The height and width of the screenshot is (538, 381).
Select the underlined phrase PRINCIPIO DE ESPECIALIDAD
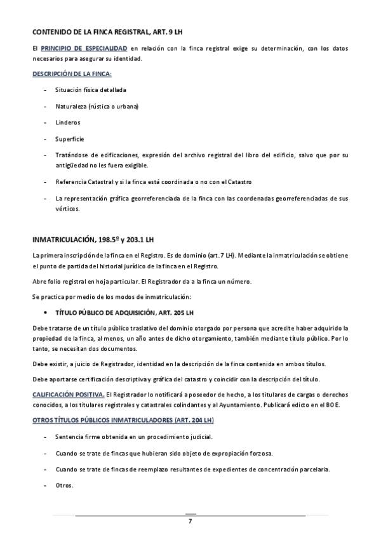[x=84, y=48]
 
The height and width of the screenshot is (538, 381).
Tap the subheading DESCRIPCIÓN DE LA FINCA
[x=72, y=74]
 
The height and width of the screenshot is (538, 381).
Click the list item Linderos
[x=68, y=122]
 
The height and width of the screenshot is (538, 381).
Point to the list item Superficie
[x=69, y=139]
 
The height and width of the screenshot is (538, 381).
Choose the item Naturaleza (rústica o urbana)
[x=97, y=106]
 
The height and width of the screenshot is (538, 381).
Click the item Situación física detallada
[x=90, y=89]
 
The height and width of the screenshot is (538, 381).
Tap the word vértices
[x=67, y=209]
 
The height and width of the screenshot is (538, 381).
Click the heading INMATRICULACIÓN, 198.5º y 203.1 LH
[x=93, y=239]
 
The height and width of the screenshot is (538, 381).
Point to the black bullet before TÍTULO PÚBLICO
[x=46, y=313]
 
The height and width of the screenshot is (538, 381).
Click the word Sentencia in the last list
[x=70, y=437]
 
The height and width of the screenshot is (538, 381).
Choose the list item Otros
[x=65, y=486]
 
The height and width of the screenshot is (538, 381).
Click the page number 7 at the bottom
[x=190, y=522]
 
